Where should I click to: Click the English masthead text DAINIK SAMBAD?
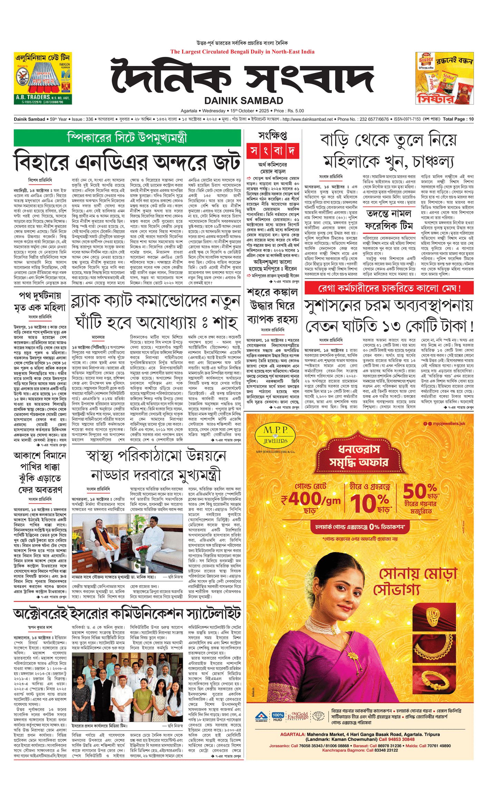(243, 100)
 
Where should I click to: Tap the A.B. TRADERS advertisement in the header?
(43, 78)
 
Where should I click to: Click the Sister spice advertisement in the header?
(444, 78)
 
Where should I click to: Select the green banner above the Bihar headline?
(127, 138)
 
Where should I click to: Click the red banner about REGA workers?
(389, 288)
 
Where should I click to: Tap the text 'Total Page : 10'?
(458, 119)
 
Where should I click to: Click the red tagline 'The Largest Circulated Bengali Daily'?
(242, 52)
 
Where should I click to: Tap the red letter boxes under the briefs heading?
(272, 151)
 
